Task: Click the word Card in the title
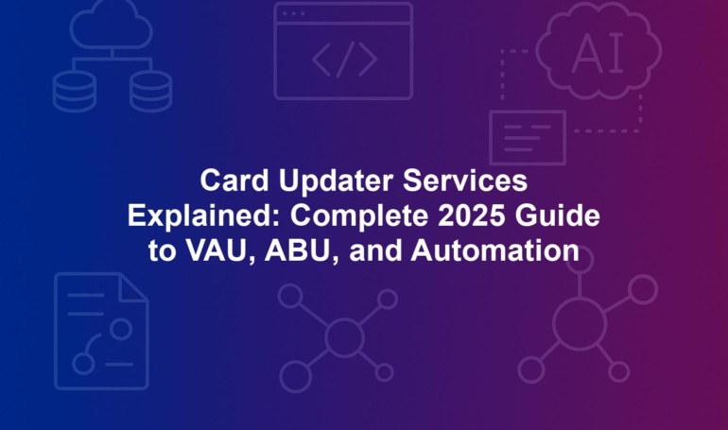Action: (x=234, y=181)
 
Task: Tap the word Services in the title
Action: (x=465, y=181)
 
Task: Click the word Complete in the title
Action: (x=359, y=216)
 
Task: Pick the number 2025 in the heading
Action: (x=471, y=215)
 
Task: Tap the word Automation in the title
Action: (x=494, y=250)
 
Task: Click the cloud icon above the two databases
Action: (x=112, y=25)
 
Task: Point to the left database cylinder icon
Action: (x=75, y=92)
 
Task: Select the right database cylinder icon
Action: (x=150, y=92)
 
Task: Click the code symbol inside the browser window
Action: (x=344, y=60)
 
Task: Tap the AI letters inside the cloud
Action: (x=598, y=53)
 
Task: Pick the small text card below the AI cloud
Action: (x=528, y=138)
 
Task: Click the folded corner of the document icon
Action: (x=133, y=287)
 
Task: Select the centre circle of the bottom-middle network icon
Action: (x=344, y=337)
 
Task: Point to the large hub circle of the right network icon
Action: (x=580, y=323)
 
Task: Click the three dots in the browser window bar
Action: (x=293, y=13)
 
